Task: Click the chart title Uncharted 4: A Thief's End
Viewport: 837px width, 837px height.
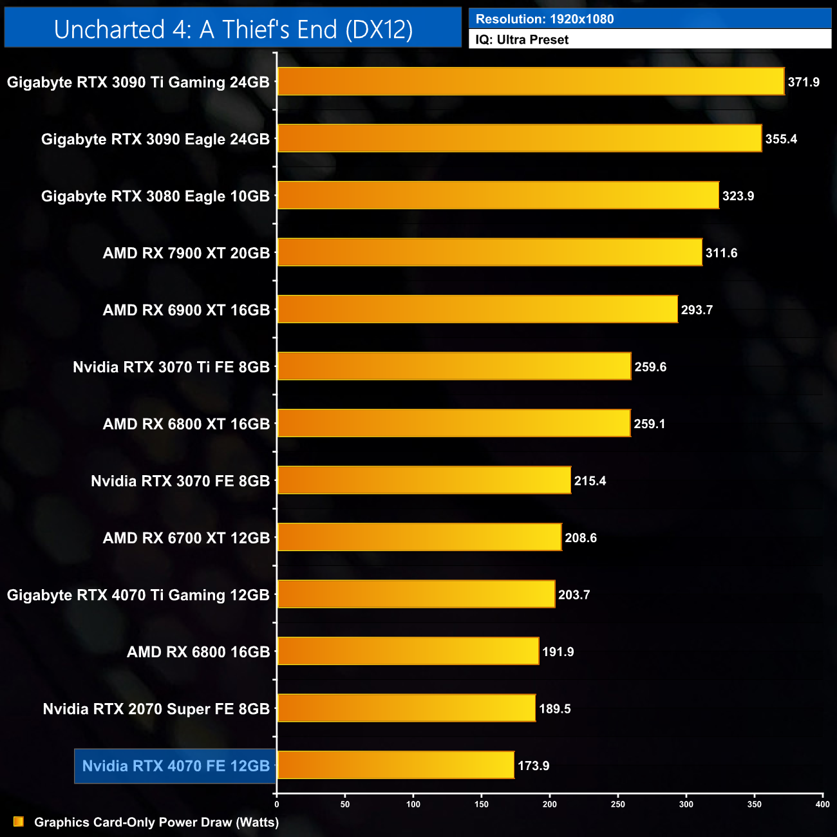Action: point(233,30)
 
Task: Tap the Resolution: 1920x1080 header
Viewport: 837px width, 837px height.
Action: point(545,19)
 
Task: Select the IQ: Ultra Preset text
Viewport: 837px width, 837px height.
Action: point(522,40)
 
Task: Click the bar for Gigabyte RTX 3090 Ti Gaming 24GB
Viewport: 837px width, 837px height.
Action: point(531,82)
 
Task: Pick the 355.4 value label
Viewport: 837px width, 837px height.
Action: point(781,139)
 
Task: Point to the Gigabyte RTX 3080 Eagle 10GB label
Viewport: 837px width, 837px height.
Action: point(155,196)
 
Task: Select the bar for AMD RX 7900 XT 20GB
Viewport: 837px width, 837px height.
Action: point(489,252)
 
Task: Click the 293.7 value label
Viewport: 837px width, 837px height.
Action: point(697,310)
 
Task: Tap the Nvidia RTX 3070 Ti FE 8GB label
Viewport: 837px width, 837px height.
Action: point(171,367)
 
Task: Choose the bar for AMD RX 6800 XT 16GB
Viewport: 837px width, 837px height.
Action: point(454,423)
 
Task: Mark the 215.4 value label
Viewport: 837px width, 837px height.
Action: point(590,481)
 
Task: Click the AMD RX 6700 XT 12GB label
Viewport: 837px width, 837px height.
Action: point(186,538)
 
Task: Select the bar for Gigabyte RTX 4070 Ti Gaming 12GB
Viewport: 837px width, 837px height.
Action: point(416,594)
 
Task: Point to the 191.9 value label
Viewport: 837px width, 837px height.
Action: point(558,652)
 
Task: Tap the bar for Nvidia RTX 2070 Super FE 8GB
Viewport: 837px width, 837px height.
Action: point(406,708)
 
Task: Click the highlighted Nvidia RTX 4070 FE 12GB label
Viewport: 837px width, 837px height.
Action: point(176,766)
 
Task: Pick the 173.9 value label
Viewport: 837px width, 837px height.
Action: point(533,766)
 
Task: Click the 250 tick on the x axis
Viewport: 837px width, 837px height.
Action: point(618,804)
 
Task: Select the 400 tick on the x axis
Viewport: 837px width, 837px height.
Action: point(822,804)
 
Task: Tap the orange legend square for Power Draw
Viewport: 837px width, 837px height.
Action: point(19,822)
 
